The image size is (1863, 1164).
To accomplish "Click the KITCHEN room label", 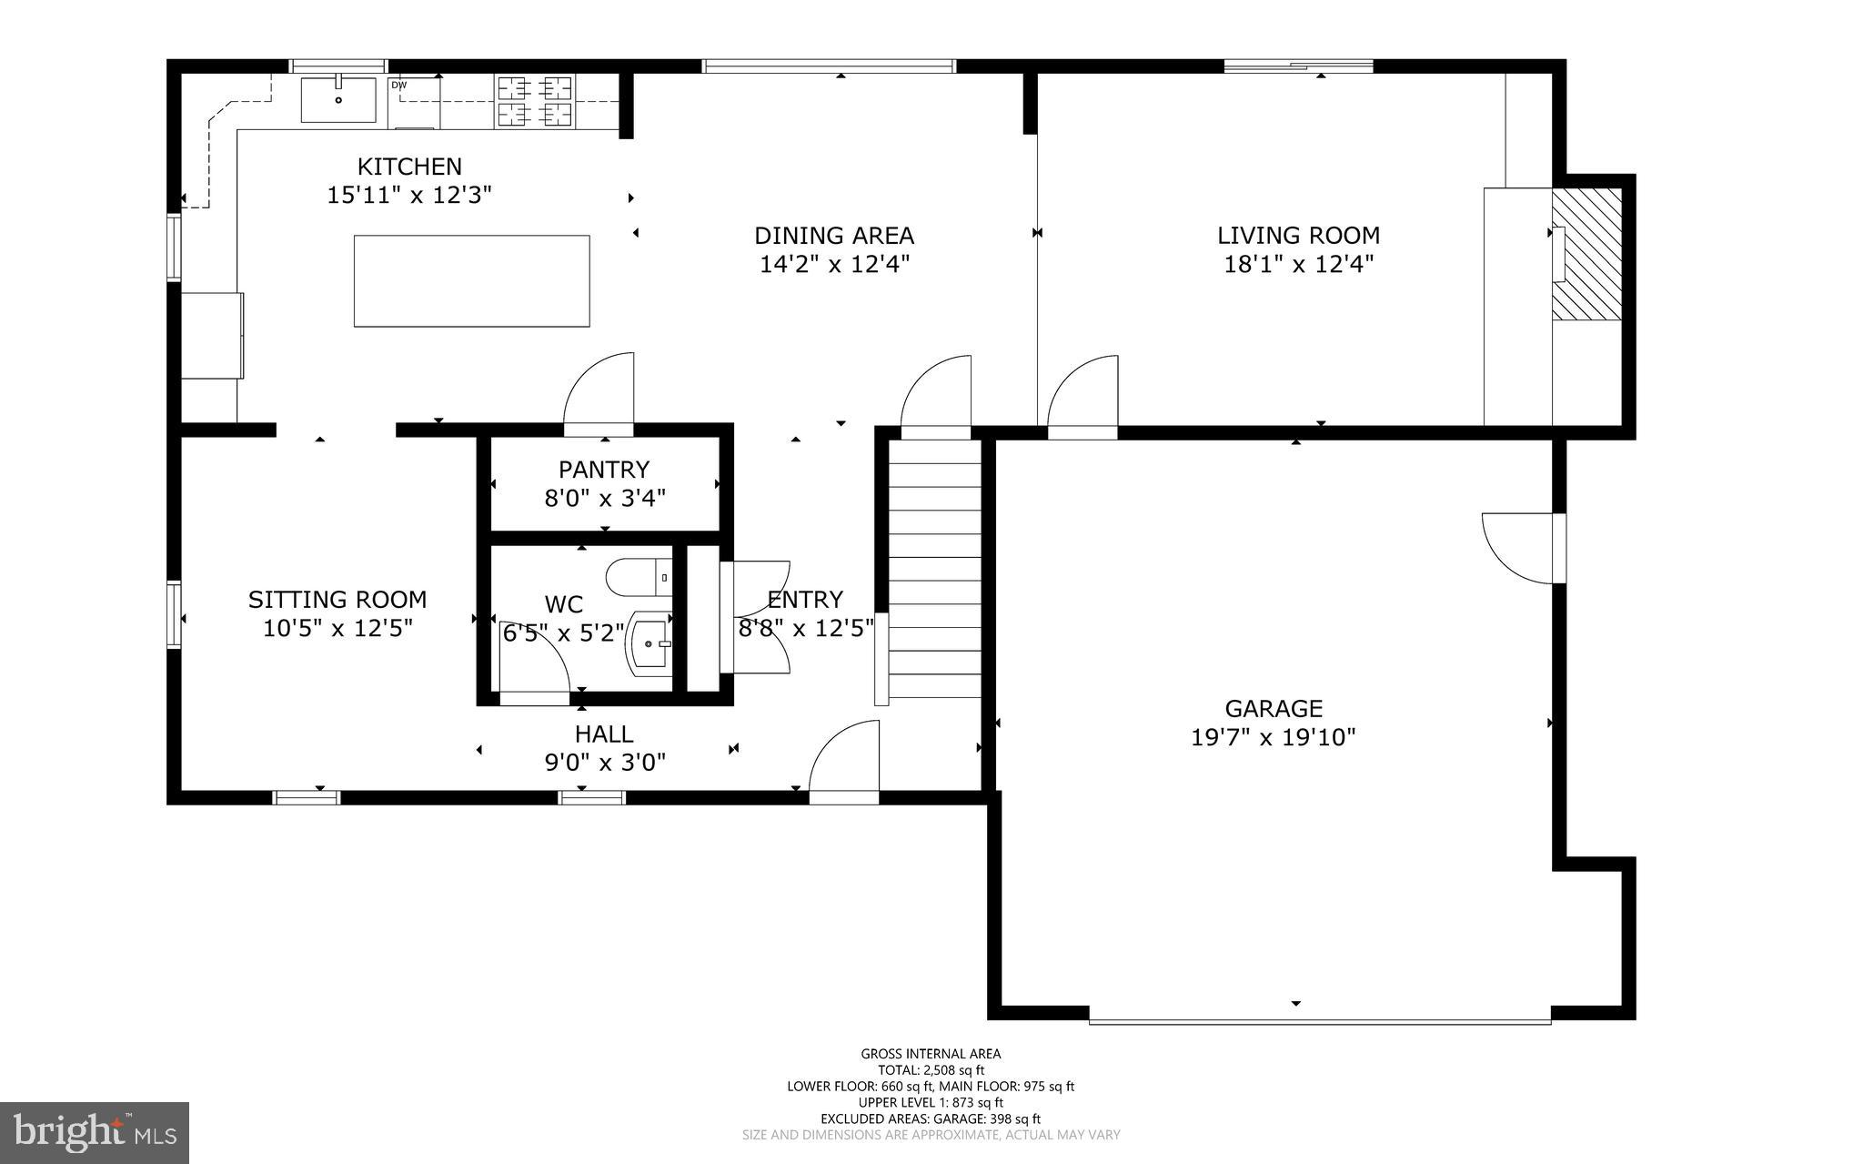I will click(409, 167).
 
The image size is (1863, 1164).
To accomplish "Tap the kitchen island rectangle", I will click(471, 280).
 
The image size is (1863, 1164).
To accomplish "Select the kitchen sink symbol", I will click(338, 99).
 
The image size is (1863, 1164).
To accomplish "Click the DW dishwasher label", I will click(398, 86).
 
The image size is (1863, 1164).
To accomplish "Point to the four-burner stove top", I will click(534, 101).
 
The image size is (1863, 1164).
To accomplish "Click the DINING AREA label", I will click(833, 236).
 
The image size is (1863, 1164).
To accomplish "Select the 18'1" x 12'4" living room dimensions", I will click(1298, 265).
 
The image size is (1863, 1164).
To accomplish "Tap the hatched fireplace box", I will click(1586, 254).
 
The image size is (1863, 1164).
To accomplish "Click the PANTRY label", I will click(604, 470).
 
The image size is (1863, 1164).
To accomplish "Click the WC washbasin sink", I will click(650, 644).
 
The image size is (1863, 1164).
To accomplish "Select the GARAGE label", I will click(1273, 708).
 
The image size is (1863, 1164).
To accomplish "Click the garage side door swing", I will click(1517, 546).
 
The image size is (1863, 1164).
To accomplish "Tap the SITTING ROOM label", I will click(337, 600).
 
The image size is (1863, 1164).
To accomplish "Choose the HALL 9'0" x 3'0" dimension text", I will click(605, 762).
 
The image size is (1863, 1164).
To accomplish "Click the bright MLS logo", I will click(95, 1132).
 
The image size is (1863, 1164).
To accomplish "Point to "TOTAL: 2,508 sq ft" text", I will click(931, 1070).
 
